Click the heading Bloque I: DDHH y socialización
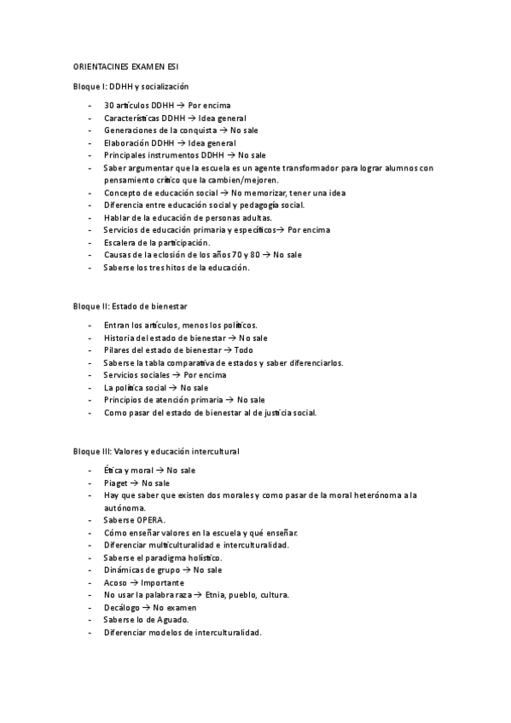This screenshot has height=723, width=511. [x=131, y=87]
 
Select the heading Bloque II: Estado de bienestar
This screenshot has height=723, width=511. [x=131, y=305]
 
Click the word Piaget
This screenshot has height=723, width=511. [x=116, y=483]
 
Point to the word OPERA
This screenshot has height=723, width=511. [x=151, y=520]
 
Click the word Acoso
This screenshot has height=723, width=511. [x=115, y=582]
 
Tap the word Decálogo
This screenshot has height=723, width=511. [x=120, y=607]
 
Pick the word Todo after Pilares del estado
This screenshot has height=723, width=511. [x=244, y=350]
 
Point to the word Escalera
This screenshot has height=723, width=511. [x=121, y=242]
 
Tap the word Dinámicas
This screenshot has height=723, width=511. [x=125, y=570]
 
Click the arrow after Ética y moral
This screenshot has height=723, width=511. [x=160, y=470]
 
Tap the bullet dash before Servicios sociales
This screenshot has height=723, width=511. [x=90, y=375]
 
